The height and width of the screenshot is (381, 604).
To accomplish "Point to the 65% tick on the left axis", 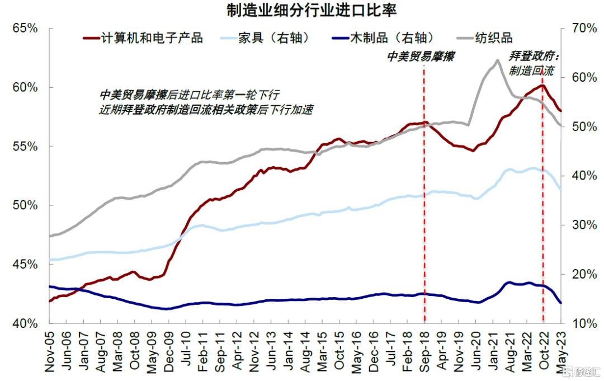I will click(x=25, y=29).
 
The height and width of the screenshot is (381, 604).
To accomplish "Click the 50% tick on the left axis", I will click(x=25, y=205).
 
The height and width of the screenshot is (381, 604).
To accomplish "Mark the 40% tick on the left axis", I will click(x=25, y=323).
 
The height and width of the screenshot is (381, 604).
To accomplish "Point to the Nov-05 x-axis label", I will click(x=50, y=352).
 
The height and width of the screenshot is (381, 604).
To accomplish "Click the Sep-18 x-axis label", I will click(x=424, y=352).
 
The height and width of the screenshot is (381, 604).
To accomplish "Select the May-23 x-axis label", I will click(x=561, y=352).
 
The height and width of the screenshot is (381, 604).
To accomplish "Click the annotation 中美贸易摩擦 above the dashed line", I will click(x=421, y=57).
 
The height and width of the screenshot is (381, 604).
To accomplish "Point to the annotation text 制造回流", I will click(x=531, y=71).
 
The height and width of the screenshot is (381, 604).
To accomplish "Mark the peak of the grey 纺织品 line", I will click(x=497, y=60).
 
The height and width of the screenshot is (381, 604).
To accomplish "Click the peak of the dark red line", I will click(x=541, y=85).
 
